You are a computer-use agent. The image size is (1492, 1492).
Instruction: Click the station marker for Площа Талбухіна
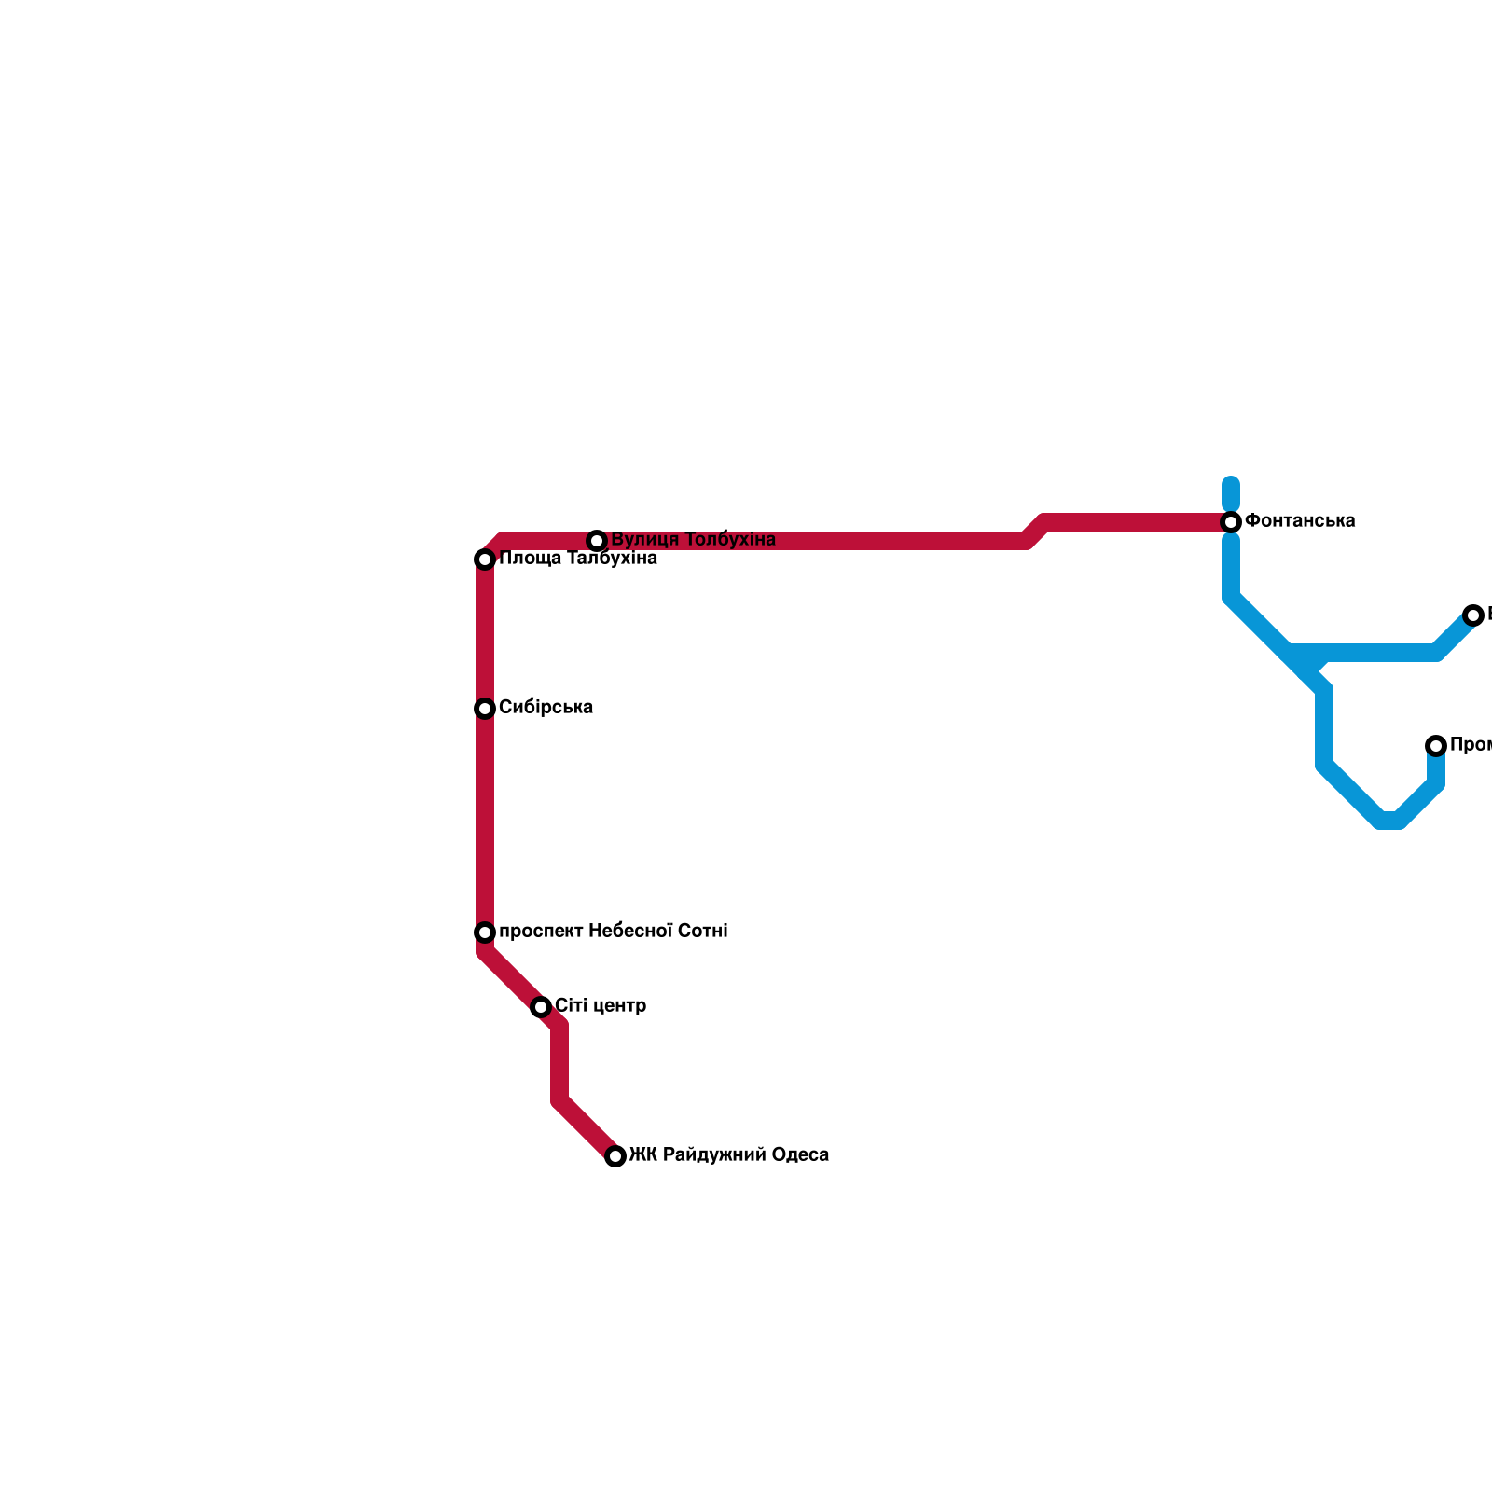point(485,559)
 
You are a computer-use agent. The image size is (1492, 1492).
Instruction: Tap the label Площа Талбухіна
point(578,559)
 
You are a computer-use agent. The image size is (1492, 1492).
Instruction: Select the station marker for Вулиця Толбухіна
point(597,541)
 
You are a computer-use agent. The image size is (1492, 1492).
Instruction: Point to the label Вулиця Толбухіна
point(693,540)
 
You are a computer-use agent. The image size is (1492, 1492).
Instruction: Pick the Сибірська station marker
point(485,709)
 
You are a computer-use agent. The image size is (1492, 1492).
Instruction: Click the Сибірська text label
point(546,708)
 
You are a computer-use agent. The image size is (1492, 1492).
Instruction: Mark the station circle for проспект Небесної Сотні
point(485,932)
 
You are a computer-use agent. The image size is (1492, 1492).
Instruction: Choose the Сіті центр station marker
point(541,1007)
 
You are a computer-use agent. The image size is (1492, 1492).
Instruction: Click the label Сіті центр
point(601,1006)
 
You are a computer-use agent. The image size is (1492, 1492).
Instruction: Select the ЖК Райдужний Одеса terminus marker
point(615,1156)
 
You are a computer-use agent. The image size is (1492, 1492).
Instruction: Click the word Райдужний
point(708,1155)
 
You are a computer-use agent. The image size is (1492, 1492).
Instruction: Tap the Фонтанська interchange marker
point(1231,521)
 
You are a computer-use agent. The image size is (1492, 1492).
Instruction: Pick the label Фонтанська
point(1300,520)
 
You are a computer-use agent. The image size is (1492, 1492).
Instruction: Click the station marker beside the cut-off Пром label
point(1436,746)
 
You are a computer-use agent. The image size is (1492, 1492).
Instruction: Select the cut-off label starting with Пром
point(1471,745)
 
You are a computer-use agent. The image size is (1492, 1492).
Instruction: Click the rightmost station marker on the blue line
point(1473,615)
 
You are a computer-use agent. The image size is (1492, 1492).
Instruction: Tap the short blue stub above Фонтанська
point(1231,491)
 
